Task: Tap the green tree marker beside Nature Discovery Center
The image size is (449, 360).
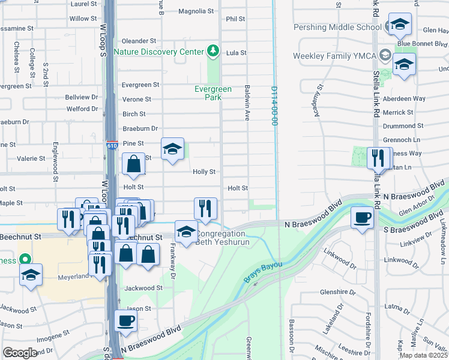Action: [212, 52]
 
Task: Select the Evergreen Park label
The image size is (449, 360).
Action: [213, 93]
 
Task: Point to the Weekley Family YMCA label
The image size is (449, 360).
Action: [334, 56]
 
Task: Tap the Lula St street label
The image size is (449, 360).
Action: [237, 53]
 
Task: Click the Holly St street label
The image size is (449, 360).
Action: [204, 172]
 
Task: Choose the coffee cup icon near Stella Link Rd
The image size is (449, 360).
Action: [362, 218]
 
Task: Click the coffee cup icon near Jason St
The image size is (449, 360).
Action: [126, 322]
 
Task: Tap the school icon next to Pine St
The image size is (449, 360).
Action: [172, 149]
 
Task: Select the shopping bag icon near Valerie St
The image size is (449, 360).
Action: [133, 164]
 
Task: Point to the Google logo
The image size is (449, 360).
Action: [20, 353]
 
